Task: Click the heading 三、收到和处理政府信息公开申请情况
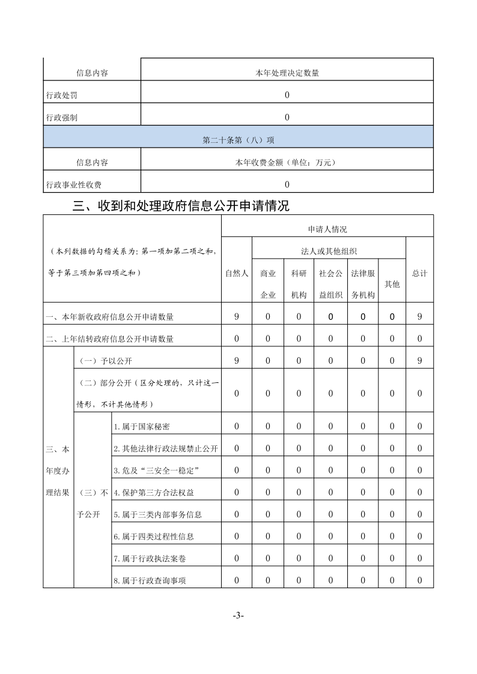[181, 206]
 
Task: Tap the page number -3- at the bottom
[238, 616]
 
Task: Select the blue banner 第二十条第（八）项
[239, 140]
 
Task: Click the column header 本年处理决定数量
[287, 73]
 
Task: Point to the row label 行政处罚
[61, 95]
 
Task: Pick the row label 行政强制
[61, 118]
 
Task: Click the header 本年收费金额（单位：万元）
[287, 162]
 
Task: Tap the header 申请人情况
[327, 229]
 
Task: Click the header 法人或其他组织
[329, 251]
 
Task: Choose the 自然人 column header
[237, 273]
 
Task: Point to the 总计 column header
[420, 273]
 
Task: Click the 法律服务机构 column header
[363, 284]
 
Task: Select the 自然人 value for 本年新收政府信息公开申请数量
[237, 316]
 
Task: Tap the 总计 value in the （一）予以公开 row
[420, 360]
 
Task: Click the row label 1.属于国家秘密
[141, 427]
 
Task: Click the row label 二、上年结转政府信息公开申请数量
[109, 339]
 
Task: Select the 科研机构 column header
[299, 284]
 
